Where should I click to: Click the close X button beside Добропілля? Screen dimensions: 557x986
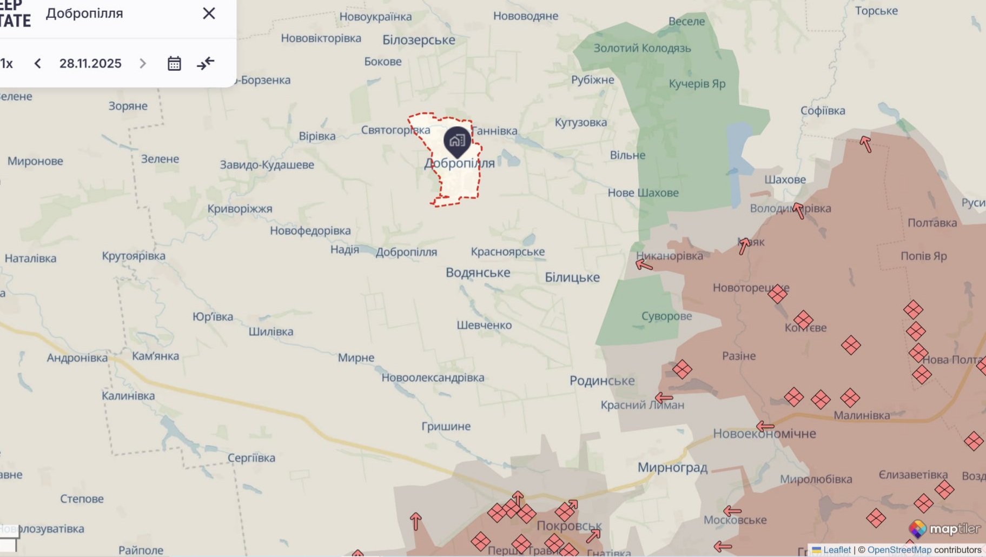point(209,14)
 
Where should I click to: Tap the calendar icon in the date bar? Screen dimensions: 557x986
point(174,63)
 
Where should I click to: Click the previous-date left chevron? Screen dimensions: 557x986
point(37,63)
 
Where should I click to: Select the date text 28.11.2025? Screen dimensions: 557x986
point(90,63)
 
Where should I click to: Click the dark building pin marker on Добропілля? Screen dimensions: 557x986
point(457,141)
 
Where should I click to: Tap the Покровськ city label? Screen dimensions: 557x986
point(569,525)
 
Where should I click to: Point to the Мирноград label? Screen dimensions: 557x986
point(672,467)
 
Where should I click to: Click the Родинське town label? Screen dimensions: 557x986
point(602,381)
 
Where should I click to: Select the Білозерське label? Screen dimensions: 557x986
point(419,40)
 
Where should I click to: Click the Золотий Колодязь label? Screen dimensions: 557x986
point(642,48)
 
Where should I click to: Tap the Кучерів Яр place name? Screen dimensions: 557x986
point(697,84)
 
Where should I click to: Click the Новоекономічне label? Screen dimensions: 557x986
point(764,434)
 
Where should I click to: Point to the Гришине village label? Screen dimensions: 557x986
point(446,426)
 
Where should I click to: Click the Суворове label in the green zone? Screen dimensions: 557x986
point(666,316)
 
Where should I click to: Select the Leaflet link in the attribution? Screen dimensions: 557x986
point(836,550)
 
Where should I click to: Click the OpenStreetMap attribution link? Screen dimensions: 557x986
point(899,550)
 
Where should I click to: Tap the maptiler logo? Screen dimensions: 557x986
point(944,528)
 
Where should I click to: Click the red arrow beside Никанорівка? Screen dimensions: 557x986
point(644,264)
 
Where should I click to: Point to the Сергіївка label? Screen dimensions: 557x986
point(251,457)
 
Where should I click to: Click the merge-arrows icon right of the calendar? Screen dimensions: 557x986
point(206,63)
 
